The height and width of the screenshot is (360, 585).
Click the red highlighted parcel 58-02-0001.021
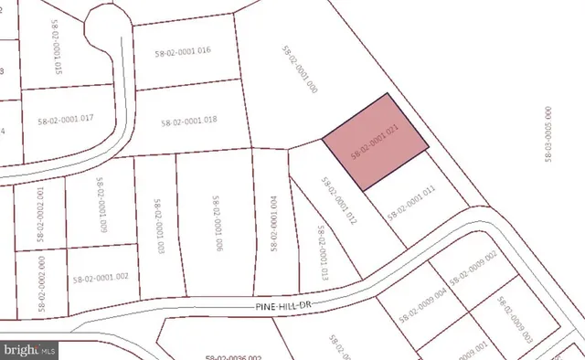375,143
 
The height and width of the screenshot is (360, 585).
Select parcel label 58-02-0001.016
178,50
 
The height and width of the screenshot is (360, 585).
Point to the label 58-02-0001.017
72,119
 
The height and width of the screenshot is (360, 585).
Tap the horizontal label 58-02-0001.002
100,277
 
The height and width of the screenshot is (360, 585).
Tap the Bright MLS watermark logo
30,349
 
